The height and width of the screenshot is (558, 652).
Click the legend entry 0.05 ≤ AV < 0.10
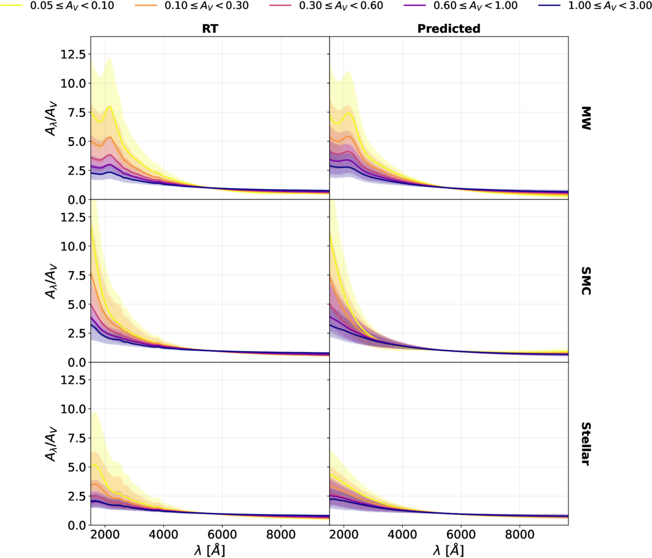point(57,6)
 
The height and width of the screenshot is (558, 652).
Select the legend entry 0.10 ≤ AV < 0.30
point(192,6)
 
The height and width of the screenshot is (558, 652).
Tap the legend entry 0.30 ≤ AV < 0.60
point(326,6)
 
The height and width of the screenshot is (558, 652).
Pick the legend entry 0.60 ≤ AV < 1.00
point(461,6)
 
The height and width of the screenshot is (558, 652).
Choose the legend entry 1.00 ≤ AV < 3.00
point(595,6)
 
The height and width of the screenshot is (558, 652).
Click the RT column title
point(210,28)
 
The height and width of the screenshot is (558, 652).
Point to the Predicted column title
point(449,28)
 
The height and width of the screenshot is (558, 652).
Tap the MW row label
point(585,118)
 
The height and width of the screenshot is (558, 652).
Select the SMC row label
point(585,281)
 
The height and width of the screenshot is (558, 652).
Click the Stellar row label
point(585,444)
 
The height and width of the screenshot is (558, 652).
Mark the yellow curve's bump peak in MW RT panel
point(110,106)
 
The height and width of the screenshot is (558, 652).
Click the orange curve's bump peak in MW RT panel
point(109,137)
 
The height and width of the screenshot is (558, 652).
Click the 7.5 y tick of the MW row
point(77,112)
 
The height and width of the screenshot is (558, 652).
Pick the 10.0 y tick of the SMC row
point(73,246)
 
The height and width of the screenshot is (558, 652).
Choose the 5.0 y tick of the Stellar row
point(77,467)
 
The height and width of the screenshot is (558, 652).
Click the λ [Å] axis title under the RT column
point(209,550)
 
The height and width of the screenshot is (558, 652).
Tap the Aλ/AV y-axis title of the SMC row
point(51,281)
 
